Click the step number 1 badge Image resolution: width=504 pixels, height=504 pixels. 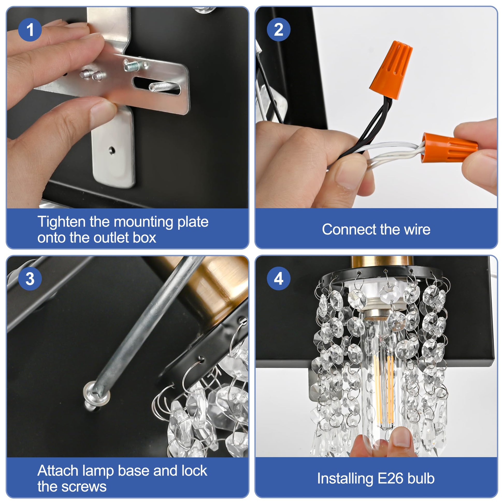[30, 30]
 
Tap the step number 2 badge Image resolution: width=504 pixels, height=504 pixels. [279, 30]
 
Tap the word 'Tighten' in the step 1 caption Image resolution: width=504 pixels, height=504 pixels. [62, 222]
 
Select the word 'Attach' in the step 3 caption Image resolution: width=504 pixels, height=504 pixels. [58, 471]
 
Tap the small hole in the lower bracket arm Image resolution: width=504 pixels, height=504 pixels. [112, 150]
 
